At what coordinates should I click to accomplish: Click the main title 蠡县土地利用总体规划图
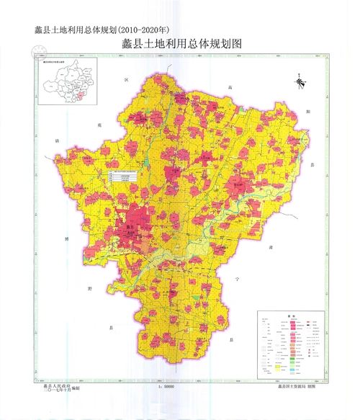coord(181,44)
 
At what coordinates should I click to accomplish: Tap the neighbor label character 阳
coord(308,112)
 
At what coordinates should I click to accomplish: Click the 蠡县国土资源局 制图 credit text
coord(295,388)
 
